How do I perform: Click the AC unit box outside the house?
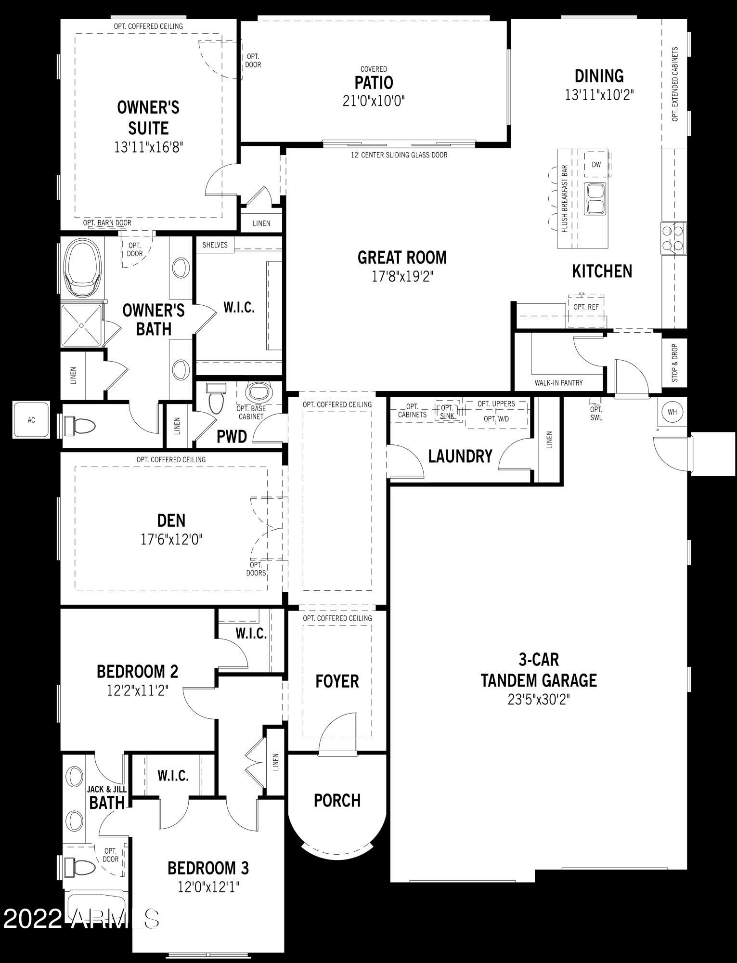click(x=31, y=420)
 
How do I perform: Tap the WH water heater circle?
click(x=672, y=412)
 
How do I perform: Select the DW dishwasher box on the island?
click(x=596, y=165)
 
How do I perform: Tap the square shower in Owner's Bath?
click(x=82, y=325)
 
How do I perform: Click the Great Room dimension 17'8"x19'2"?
click(x=402, y=277)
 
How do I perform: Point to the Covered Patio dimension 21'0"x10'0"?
click(x=374, y=101)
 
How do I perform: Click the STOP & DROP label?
click(x=675, y=363)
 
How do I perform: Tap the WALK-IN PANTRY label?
click(x=558, y=383)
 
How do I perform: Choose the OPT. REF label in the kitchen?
click(x=586, y=307)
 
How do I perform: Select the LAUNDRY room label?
click(x=460, y=456)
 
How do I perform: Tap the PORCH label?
click(x=337, y=800)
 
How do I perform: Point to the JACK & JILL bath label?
click(x=106, y=796)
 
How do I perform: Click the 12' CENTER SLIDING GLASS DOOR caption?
click(x=399, y=155)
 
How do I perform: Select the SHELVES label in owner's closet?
click(x=215, y=245)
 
